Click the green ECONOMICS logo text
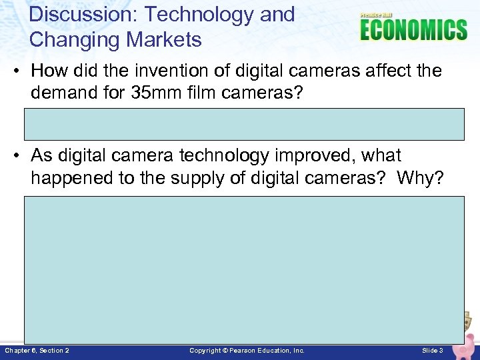(x=413, y=31)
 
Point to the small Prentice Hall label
(x=377, y=15)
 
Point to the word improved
(x=315, y=156)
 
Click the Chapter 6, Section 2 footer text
(x=37, y=351)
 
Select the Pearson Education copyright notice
(x=247, y=351)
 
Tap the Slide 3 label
(x=433, y=351)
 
